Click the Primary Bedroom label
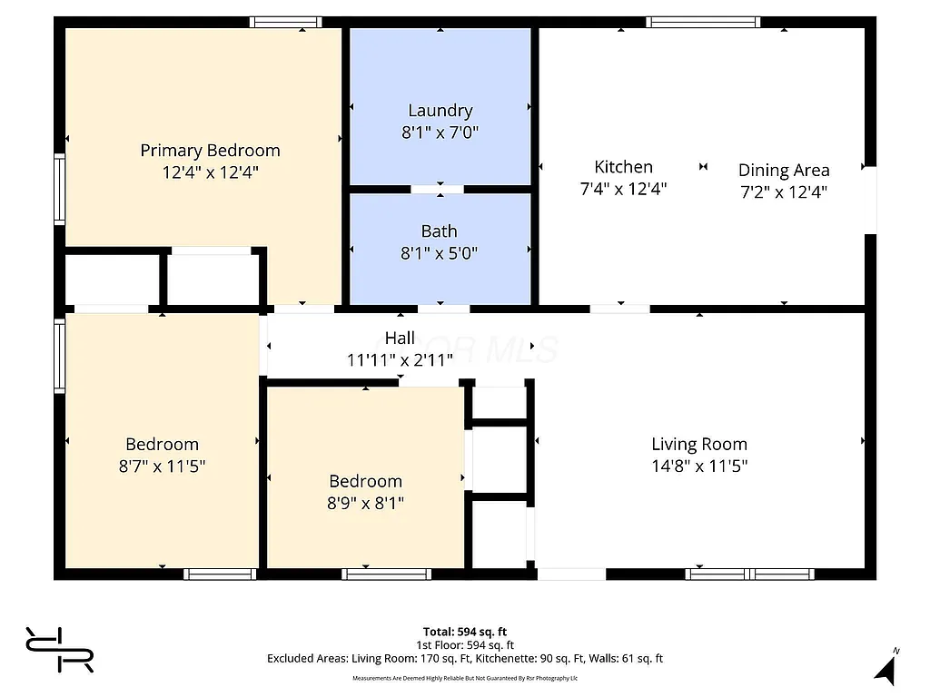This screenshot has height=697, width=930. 210,150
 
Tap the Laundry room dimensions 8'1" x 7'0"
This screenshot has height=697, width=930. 440,133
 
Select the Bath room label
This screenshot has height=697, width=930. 439,231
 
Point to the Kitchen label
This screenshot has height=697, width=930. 623,166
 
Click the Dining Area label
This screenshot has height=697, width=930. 783,170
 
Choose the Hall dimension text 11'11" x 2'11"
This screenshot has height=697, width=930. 400,359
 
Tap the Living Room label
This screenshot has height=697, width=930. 699,444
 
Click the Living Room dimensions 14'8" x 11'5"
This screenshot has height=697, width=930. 699,466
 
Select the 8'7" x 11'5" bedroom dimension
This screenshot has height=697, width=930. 162,466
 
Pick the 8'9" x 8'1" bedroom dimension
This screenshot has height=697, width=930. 365,503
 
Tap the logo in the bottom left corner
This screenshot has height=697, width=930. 60,650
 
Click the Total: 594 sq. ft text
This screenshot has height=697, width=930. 464,632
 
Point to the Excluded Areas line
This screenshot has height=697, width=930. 464,658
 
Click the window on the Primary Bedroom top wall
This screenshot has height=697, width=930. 285,22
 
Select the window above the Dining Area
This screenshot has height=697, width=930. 703,22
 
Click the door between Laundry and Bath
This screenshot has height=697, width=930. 437,190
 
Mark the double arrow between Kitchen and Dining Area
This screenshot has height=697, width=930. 703,167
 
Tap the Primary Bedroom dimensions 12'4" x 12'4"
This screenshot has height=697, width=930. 210,172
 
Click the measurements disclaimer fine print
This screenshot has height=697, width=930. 464,678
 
